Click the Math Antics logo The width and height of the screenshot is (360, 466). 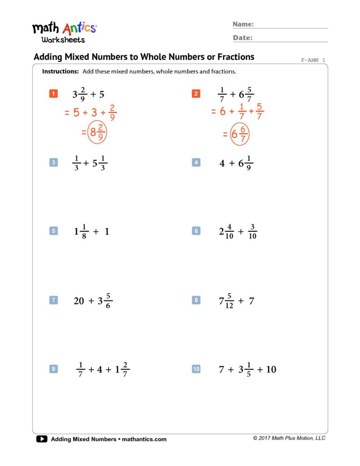click(x=64, y=32)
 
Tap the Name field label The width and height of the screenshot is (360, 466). click(x=243, y=24)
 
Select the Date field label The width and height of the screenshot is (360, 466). click(x=243, y=38)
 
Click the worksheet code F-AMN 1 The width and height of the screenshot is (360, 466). click(x=313, y=60)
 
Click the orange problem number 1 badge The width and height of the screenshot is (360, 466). click(x=53, y=94)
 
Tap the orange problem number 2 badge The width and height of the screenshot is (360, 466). click(x=196, y=94)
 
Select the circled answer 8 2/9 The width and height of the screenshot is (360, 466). click(x=97, y=132)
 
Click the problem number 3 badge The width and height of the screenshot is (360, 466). click(x=53, y=162)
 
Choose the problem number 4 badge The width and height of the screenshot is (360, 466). click(x=196, y=162)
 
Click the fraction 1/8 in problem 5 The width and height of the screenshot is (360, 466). click(x=84, y=231)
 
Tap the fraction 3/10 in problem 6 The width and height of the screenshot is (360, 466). click(x=253, y=231)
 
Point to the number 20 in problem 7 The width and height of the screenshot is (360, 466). click(x=79, y=301)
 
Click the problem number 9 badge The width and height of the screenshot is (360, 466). click(x=53, y=369)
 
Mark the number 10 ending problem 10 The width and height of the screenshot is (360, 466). click(x=271, y=370)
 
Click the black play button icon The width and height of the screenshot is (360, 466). click(x=41, y=439)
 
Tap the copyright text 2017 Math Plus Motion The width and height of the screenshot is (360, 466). click(x=289, y=438)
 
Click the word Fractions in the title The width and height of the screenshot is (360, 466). click(x=233, y=57)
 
